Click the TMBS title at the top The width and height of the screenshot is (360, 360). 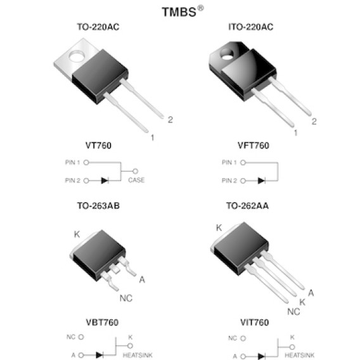click(x=183, y=11)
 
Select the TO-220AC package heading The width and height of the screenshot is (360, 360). click(x=98, y=27)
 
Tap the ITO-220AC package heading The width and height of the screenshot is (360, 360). click(x=251, y=27)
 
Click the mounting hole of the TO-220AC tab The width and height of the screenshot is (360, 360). click(x=77, y=56)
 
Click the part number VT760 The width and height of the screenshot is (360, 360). click(x=98, y=145)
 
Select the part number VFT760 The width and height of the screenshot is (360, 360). click(x=254, y=145)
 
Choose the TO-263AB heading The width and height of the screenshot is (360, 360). click(x=98, y=206)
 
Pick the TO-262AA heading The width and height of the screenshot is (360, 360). click(x=247, y=206)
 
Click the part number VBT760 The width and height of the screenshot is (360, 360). click(x=102, y=323)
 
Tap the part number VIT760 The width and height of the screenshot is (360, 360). click(x=254, y=323)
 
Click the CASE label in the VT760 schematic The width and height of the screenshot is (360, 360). click(x=136, y=180)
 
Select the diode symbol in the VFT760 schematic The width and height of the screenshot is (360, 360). click(x=261, y=181)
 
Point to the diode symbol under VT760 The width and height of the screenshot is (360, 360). click(x=105, y=181)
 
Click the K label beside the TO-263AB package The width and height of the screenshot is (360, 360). click(x=77, y=234)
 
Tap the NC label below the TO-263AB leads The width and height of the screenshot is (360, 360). click(x=126, y=299)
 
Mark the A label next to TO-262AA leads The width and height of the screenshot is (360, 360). click(x=311, y=293)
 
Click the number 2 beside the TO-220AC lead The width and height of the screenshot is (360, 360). click(x=170, y=120)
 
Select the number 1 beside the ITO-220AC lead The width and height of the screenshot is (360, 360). click(x=295, y=132)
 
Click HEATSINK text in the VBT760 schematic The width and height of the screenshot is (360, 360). click(x=138, y=355)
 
